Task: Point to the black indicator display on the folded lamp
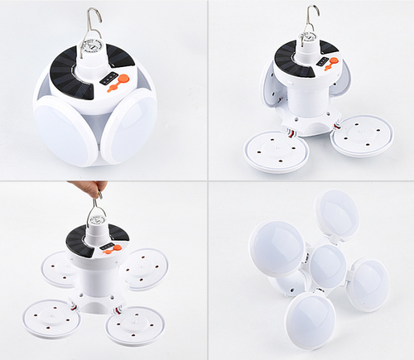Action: pos(108,79)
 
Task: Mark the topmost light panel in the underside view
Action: pos(337,214)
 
